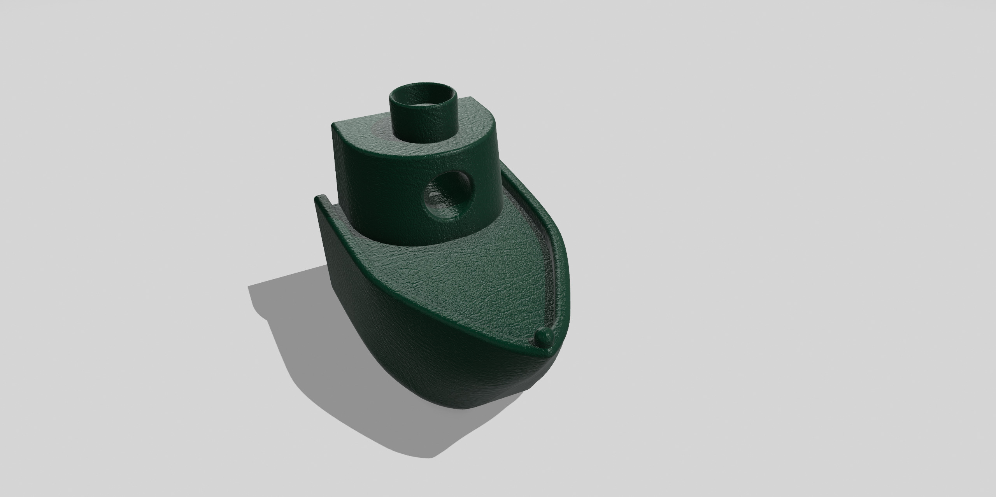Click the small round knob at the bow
tap(545, 336)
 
